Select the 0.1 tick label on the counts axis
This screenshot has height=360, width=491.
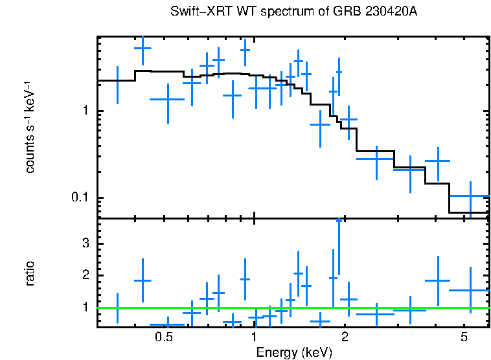[x=79, y=197]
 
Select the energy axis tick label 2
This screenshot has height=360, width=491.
[x=345, y=338]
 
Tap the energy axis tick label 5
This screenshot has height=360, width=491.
[x=464, y=338]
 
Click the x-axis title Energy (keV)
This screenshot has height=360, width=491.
[x=293, y=352]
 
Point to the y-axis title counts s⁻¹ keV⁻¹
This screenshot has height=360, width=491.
[x=30, y=127]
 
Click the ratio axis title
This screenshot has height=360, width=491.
[x=30, y=273]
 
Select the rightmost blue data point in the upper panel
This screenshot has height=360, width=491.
[x=470, y=196]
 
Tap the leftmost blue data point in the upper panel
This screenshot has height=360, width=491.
[x=117, y=80]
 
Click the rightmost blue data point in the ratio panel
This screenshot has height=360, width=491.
[x=470, y=290]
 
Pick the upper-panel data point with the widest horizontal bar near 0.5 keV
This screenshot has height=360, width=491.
[x=168, y=99]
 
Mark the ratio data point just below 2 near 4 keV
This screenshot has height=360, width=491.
[x=438, y=280]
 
